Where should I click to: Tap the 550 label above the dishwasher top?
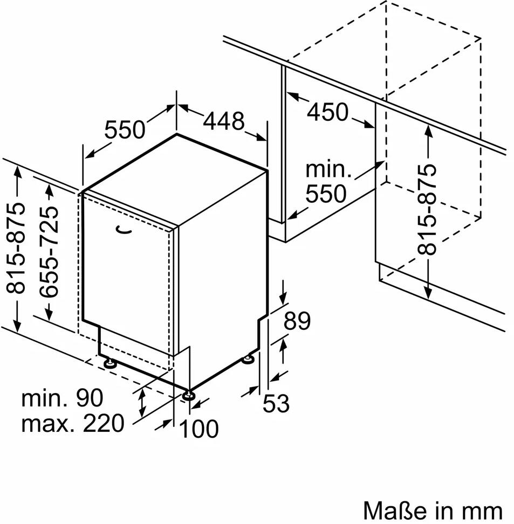(x=125, y=130)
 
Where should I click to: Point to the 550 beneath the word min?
(x=326, y=194)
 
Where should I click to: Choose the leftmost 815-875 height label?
(x=16, y=247)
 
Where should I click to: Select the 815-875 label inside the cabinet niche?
(x=427, y=209)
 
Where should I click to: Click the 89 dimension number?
(x=297, y=321)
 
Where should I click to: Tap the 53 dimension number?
(x=276, y=403)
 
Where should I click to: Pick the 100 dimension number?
(x=199, y=429)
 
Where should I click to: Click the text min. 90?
(x=62, y=398)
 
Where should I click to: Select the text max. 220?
(x=73, y=423)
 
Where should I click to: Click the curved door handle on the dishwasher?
(x=123, y=230)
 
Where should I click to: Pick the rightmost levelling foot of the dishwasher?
(x=248, y=359)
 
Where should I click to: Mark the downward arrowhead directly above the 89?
(x=284, y=297)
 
